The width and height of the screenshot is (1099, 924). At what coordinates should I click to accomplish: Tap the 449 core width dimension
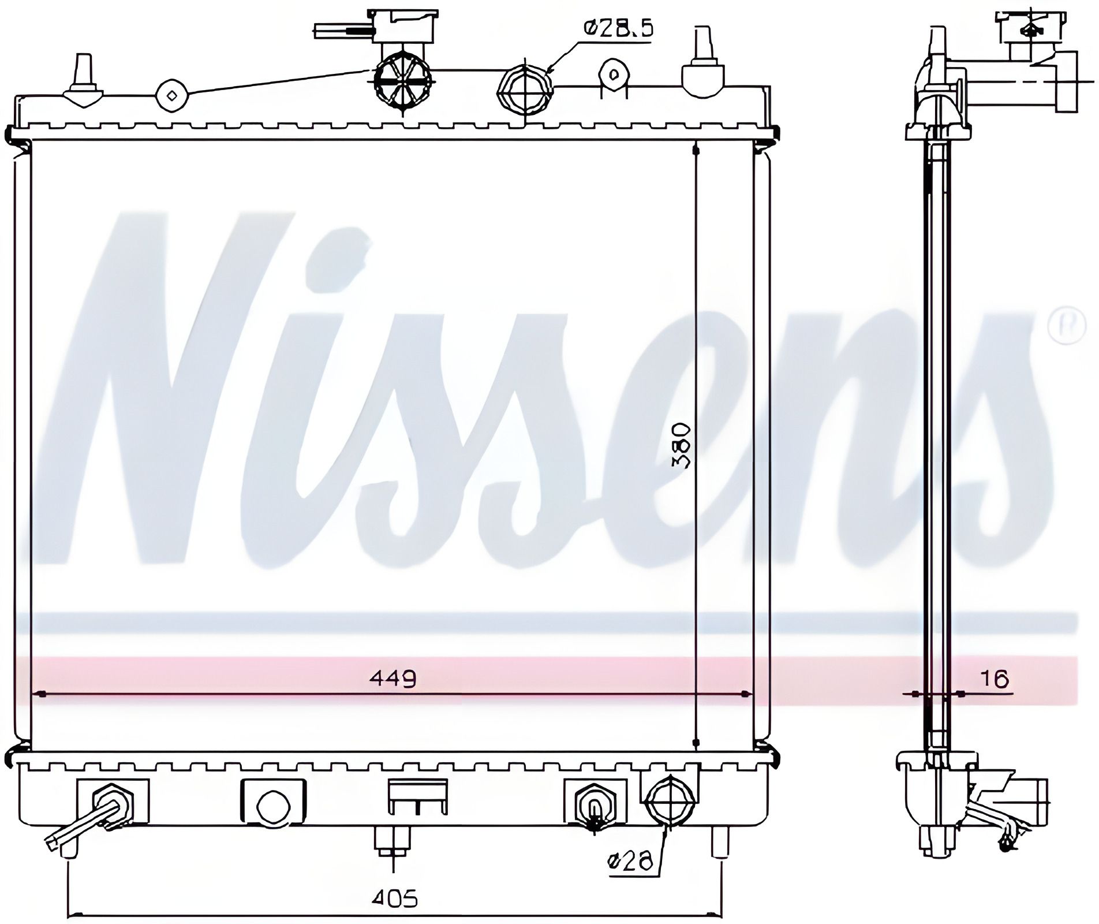click(392, 679)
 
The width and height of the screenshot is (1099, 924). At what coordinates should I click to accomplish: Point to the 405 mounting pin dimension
click(395, 899)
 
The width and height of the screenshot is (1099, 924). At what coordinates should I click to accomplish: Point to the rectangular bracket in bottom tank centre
click(418, 796)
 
